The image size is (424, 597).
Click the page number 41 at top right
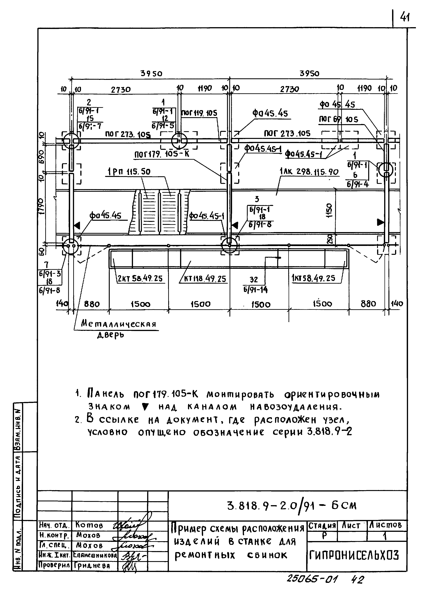point(404,18)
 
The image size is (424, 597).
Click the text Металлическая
point(119,324)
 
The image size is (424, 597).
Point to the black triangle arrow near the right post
point(380,222)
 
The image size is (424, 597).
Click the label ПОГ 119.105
point(199,113)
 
